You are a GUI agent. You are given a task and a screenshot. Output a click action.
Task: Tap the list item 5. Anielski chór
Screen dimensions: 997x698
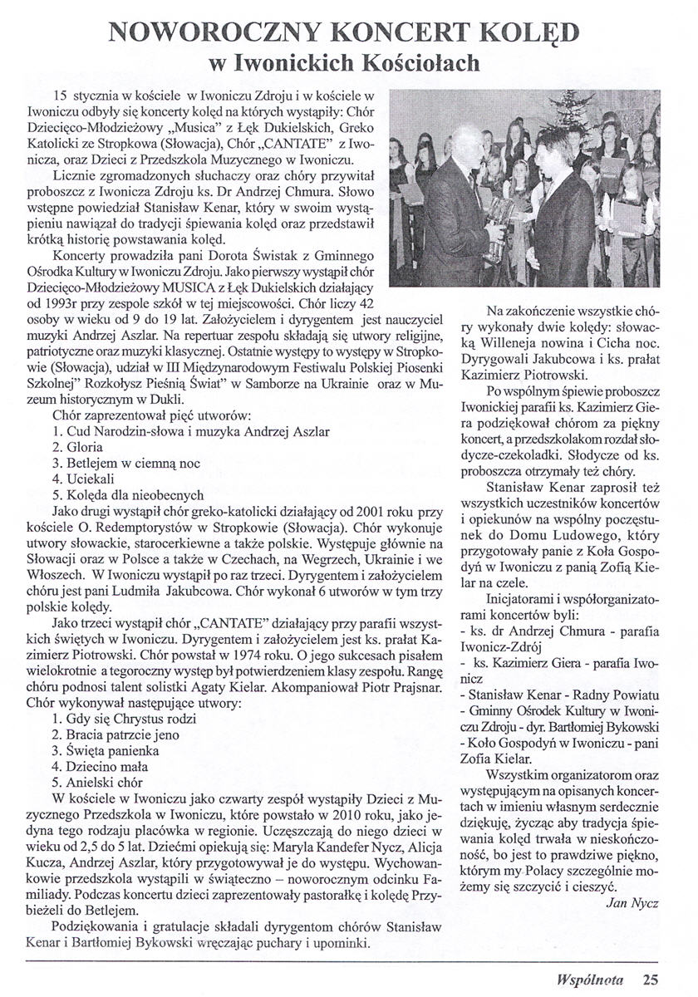pyautogui.click(x=96, y=782)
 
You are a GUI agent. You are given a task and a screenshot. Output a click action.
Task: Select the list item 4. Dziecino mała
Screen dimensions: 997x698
pyautogui.click(x=96, y=765)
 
